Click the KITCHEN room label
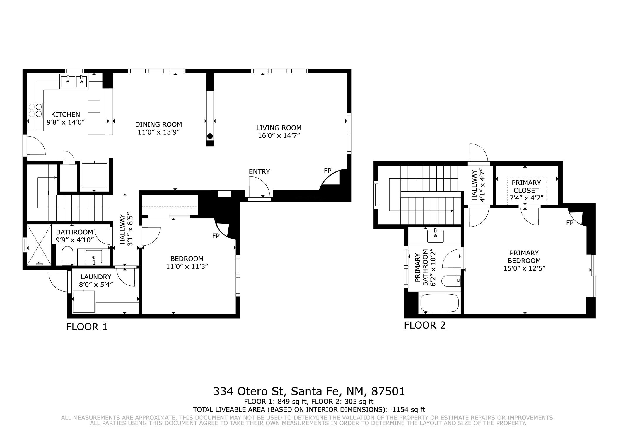66,114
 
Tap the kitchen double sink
74,81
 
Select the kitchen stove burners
35,110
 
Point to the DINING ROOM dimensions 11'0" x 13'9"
158,132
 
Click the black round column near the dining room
210,136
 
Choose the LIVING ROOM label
279,128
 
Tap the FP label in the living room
327,171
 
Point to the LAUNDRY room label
96,277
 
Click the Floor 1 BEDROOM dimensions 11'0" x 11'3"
187,266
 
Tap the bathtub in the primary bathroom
439,303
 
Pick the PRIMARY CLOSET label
526,186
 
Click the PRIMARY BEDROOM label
524,256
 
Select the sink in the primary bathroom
435,236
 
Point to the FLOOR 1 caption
87,327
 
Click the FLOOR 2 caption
425,325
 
